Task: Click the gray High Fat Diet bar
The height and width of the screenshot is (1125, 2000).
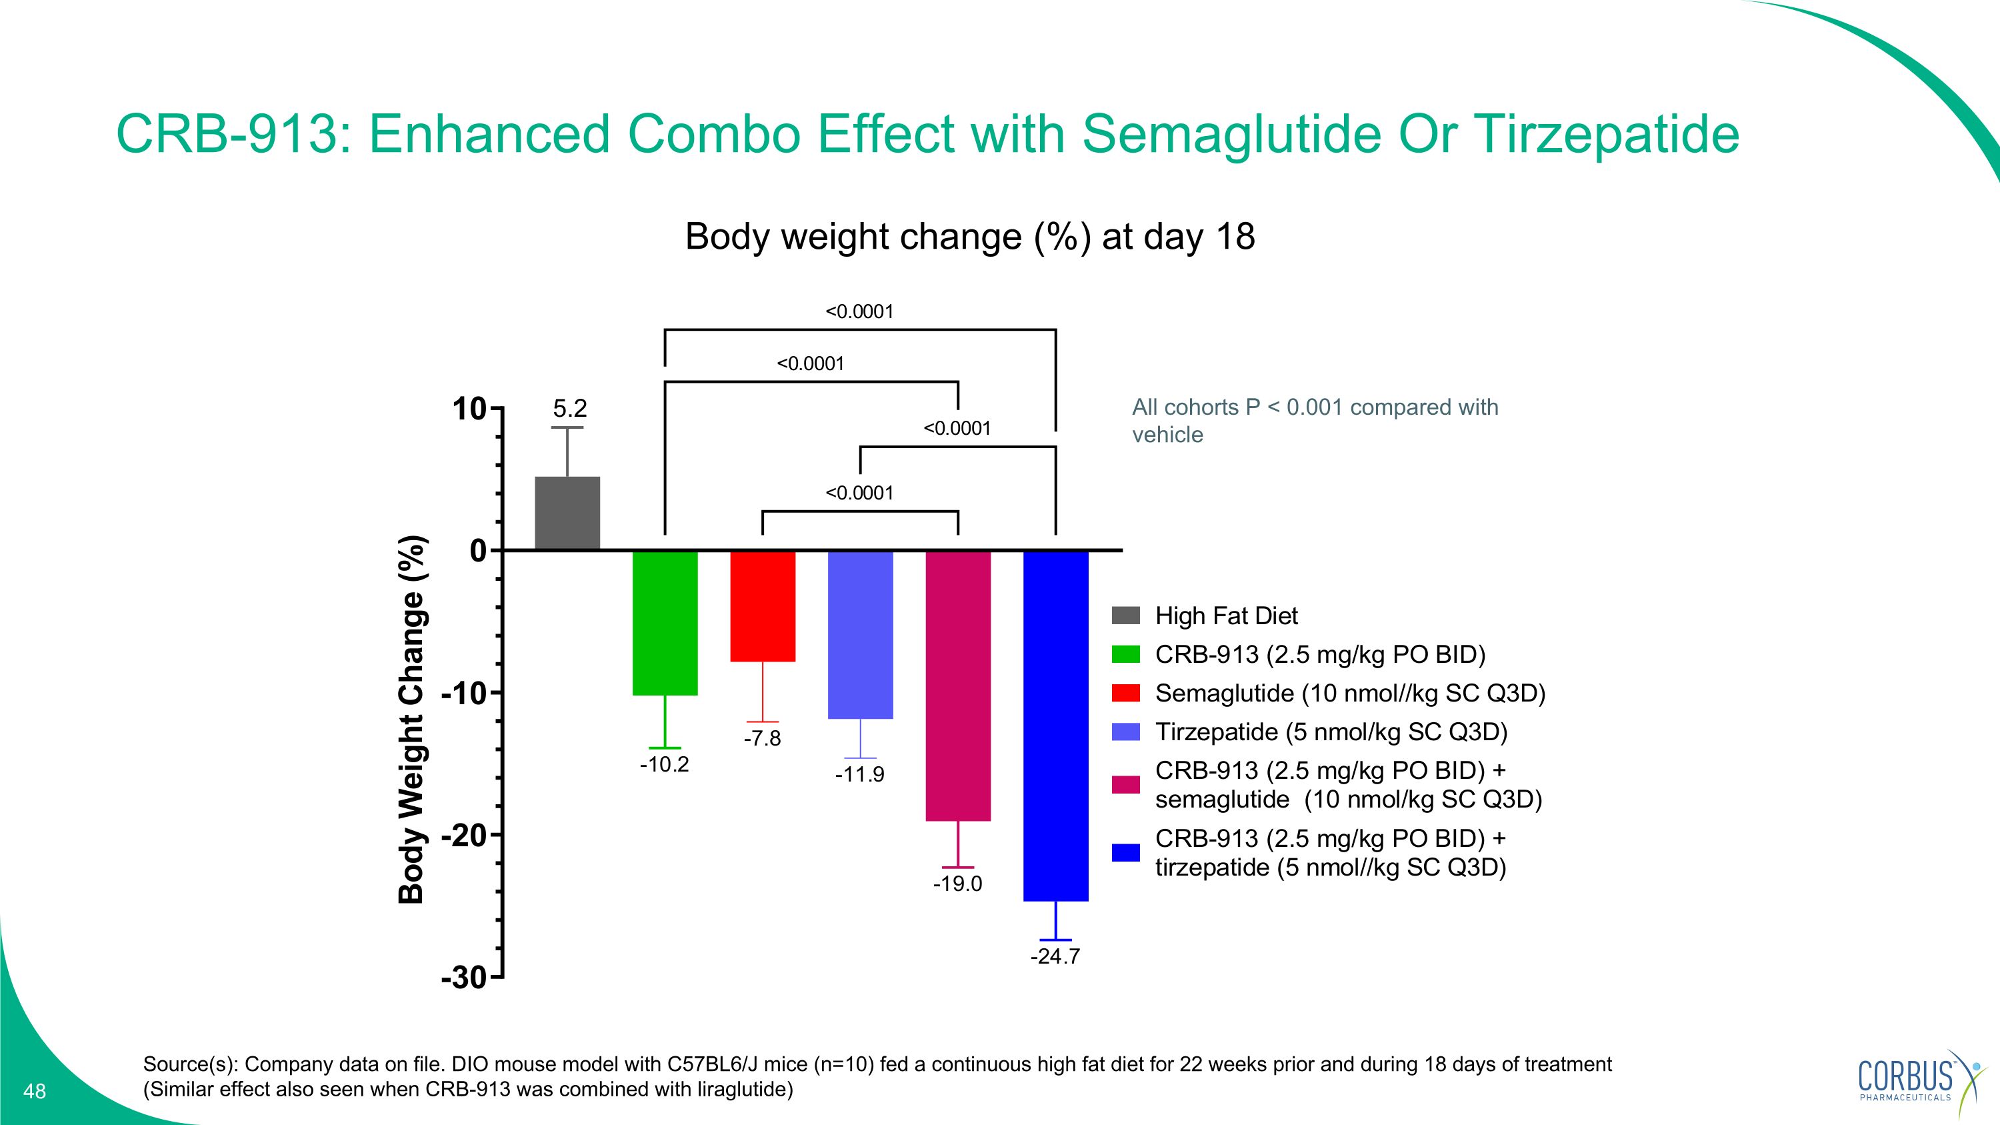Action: (567, 513)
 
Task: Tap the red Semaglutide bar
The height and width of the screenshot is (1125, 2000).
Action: (763, 606)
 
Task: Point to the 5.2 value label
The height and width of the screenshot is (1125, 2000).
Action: (570, 408)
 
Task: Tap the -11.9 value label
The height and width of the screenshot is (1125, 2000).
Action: (859, 775)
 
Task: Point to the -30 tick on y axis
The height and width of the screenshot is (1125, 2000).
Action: (463, 978)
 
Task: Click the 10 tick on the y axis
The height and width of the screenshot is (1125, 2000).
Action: (470, 409)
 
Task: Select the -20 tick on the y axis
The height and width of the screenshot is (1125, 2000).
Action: (463, 836)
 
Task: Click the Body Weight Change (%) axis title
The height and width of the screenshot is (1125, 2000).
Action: (411, 719)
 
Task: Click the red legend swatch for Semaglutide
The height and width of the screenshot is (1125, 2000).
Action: (1126, 693)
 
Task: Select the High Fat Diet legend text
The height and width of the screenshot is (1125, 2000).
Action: (1226, 616)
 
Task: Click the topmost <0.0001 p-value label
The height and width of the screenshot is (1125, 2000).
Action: (859, 312)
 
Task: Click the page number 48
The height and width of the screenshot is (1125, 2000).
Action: (35, 1092)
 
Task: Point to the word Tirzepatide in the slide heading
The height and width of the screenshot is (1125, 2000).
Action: (1607, 134)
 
